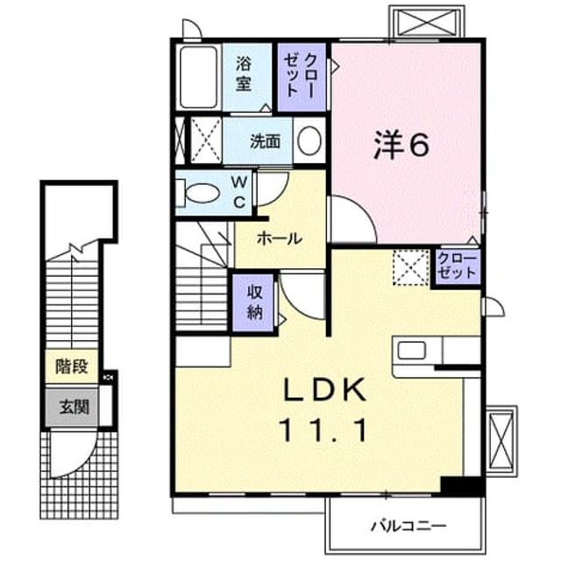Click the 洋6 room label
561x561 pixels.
tap(401, 145)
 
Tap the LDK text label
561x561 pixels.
tap(325, 390)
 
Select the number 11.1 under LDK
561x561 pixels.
tap(324, 430)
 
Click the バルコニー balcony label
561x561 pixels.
tap(408, 526)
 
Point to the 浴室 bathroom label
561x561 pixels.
tap(244, 74)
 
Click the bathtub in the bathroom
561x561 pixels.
tap(199, 77)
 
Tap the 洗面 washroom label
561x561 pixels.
tap(265, 142)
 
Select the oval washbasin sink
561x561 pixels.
tap(309, 141)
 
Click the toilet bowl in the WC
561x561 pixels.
tap(202, 193)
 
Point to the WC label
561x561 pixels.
tap(239, 193)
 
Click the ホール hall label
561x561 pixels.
tap(280, 238)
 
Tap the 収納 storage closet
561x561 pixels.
tap(253, 303)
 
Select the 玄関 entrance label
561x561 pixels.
tap(74, 407)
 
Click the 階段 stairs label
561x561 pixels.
tap(72, 366)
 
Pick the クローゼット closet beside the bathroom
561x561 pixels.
tap(302, 77)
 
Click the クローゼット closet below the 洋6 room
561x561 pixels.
tap(458, 266)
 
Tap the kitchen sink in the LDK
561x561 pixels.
tap(411, 351)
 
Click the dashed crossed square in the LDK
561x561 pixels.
tap(411, 267)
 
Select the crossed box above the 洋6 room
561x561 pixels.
tap(429, 22)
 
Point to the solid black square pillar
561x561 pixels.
tap(462, 486)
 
